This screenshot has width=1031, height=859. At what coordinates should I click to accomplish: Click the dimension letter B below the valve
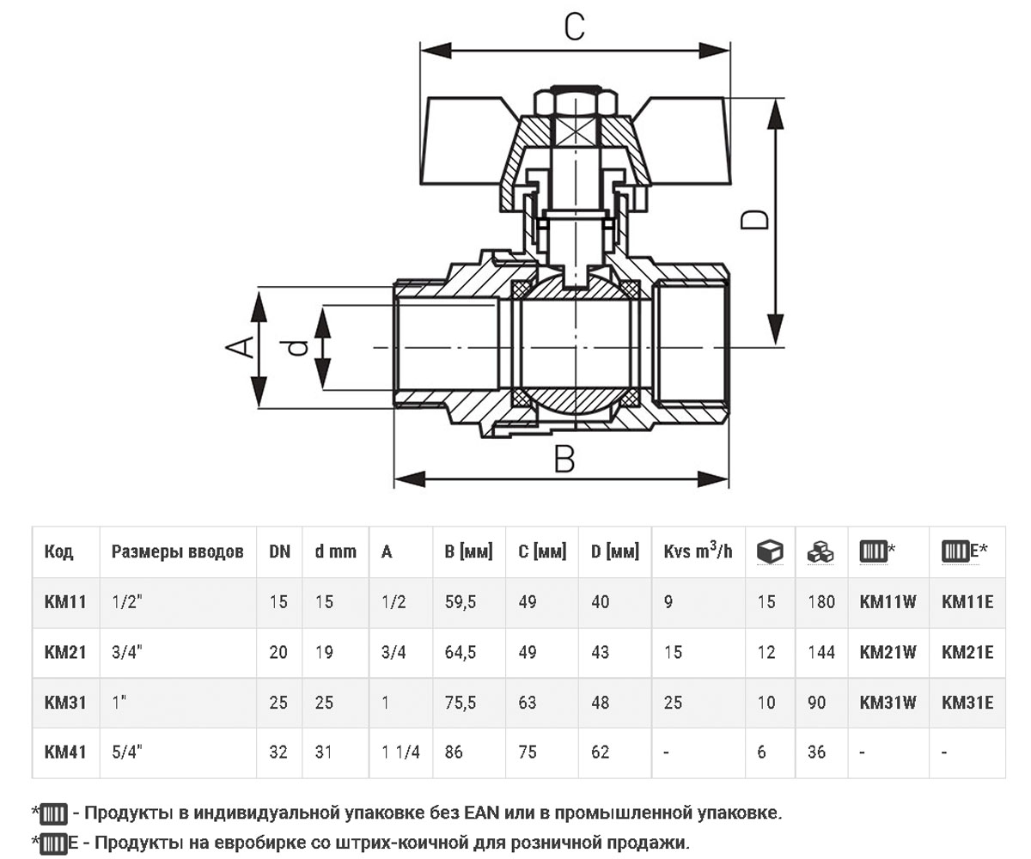pos(564,459)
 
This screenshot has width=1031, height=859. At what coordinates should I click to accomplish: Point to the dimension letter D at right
pos(754,220)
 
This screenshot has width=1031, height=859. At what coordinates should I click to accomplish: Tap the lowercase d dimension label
pos(297,347)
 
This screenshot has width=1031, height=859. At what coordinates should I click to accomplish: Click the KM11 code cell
pos(65,602)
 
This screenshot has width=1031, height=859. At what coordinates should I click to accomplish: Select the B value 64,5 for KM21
pos(461,652)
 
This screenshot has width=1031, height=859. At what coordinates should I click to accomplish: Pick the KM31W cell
pos(888,702)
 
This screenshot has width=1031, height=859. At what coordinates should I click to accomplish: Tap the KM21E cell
pos(967,652)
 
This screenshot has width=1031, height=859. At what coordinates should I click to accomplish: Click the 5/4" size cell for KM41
pos(127,752)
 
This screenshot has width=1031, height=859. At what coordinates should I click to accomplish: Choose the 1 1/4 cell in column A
pos(400,752)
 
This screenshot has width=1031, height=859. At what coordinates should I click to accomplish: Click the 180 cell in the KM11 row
pos(821,602)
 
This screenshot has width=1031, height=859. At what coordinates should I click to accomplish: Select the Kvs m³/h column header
pos(698,551)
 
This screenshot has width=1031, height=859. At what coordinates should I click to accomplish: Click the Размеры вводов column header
pos(177,551)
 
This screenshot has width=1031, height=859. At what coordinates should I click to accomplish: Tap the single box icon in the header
pos(770,552)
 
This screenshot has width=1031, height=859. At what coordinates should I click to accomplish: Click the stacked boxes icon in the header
pos(821,552)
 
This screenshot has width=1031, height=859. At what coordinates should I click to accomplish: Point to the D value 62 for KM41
pos(600,752)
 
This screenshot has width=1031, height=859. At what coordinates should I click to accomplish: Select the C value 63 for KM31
pos(527,702)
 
